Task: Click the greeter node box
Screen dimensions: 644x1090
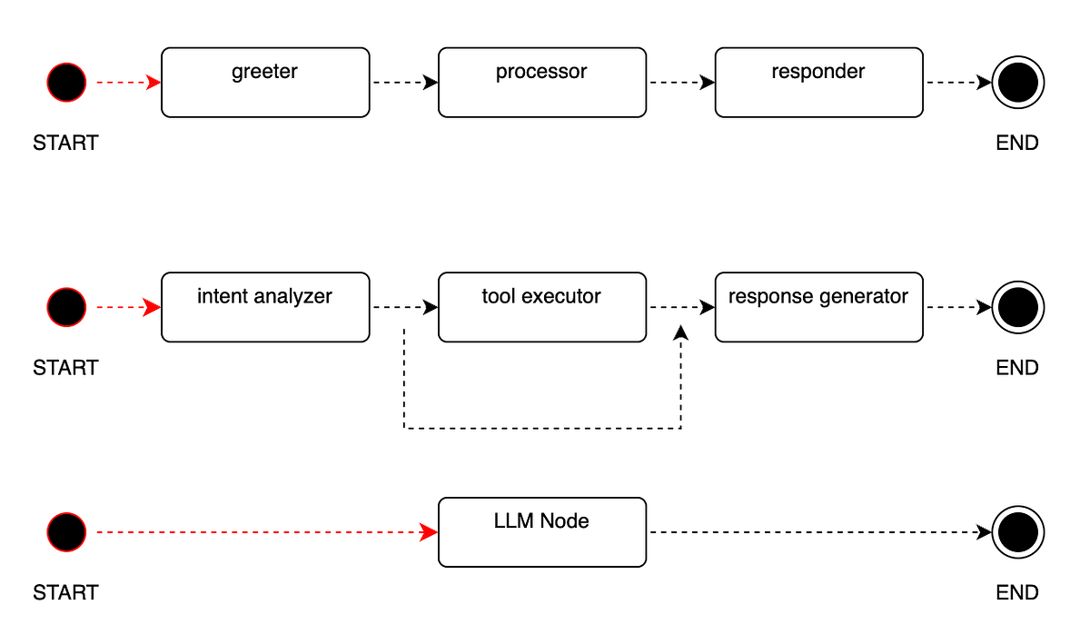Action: coord(265,83)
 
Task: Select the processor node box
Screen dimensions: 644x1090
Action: coord(541,83)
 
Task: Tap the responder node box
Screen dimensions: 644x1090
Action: coord(818,83)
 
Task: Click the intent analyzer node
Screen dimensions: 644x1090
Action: coord(265,307)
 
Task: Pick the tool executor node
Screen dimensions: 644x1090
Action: coord(541,307)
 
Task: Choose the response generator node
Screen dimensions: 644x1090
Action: coord(818,307)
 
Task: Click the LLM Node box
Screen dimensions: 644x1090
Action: coord(541,531)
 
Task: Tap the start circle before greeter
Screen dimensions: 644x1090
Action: coord(66,83)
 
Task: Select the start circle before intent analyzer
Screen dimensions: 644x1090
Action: coord(66,307)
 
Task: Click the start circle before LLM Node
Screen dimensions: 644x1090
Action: coord(66,531)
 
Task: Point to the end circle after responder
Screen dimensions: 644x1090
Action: coord(1017,83)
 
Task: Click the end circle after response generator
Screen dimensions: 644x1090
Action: coord(1017,307)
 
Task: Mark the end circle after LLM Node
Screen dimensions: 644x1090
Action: coord(1017,531)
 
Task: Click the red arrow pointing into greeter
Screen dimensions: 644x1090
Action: coord(128,83)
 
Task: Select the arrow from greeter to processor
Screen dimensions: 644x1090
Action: coord(405,83)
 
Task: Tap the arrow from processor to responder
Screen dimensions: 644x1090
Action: coord(681,83)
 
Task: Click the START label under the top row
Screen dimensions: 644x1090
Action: coord(65,144)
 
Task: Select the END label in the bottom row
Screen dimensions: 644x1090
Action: coord(1016,593)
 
